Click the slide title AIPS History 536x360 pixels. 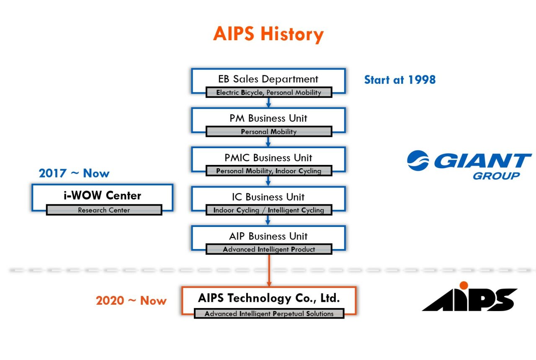pyautogui.click(x=268, y=34)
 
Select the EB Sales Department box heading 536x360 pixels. pyautogui.click(x=268, y=79)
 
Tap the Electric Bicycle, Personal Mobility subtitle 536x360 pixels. pyautogui.click(x=268, y=93)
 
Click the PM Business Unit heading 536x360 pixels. pyautogui.click(x=268, y=118)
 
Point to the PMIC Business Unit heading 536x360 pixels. pyautogui.click(x=268, y=158)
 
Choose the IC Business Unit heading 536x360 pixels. pyautogui.click(x=268, y=197)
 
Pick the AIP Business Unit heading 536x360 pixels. pyautogui.click(x=268, y=236)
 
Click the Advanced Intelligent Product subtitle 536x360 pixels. pyautogui.click(x=268, y=249)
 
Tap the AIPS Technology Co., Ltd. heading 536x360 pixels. pyautogui.click(x=268, y=298)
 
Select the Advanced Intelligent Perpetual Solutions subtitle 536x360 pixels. pyautogui.click(x=269, y=314)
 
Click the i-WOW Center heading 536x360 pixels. pyautogui.click(x=102, y=195)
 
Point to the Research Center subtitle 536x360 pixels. pyautogui.click(x=104, y=210)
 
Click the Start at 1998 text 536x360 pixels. pyautogui.click(x=399, y=80)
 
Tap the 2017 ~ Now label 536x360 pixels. pyautogui.click(x=74, y=173)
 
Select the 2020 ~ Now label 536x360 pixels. pyautogui.click(x=131, y=301)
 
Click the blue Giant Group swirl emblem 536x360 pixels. pyautogui.click(x=418, y=161)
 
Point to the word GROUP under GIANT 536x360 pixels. pyautogui.click(x=496, y=176)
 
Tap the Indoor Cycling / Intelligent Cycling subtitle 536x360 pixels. pyautogui.click(x=268, y=210)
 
